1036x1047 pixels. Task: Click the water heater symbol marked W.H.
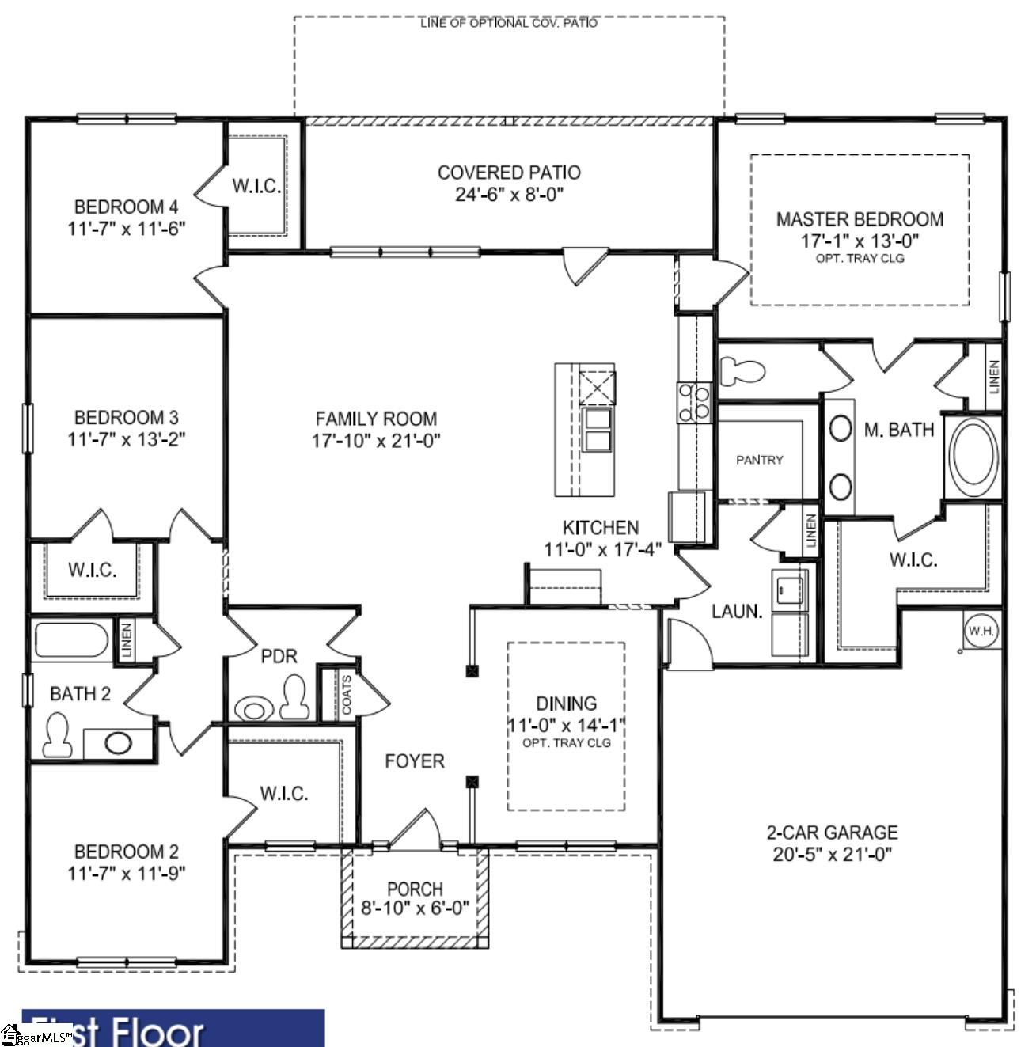pyautogui.click(x=981, y=631)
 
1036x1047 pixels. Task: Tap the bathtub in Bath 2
pyautogui.click(x=71, y=640)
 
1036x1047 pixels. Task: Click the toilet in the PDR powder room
pyautogui.click(x=294, y=697)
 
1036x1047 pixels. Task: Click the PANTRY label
pyautogui.click(x=759, y=460)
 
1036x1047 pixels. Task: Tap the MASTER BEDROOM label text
pyautogui.click(x=860, y=219)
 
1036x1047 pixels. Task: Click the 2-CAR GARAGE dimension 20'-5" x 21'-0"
pyautogui.click(x=832, y=855)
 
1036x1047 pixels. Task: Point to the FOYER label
pyautogui.click(x=414, y=761)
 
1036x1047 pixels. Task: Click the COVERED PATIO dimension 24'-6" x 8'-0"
pyautogui.click(x=509, y=195)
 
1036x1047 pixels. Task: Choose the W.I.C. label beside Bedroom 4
pyautogui.click(x=256, y=186)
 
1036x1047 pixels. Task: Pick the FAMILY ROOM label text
pyautogui.click(x=376, y=419)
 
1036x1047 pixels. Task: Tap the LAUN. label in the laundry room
pyautogui.click(x=736, y=611)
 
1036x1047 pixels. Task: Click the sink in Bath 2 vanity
pyautogui.click(x=118, y=743)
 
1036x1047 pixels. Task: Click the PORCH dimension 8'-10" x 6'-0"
pyautogui.click(x=415, y=909)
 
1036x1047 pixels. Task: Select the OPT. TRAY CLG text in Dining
pyautogui.click(x=566, y=743)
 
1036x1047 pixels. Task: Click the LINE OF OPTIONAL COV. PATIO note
pyautogui.click(x=509, y=23)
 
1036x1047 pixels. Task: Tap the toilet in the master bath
pyautogui.click(x=742, y=370)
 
